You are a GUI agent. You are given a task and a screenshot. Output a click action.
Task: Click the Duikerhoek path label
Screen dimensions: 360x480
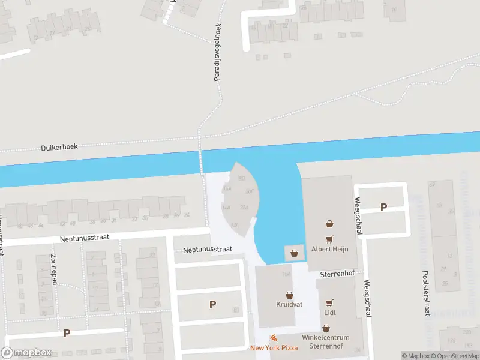pyautogui.click(x=59, y=146)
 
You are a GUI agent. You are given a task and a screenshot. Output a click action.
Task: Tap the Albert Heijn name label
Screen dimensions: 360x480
pyautogui.click(x=329, y=249)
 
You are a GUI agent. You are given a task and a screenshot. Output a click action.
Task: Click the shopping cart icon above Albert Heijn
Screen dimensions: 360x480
pyautogui.click(x=329, y=224)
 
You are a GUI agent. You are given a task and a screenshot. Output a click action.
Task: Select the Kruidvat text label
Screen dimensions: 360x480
pyautogui.click(x=289, y=305)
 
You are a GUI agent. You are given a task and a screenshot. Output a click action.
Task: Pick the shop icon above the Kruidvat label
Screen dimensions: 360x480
pyautogui.click(x=289, y=295)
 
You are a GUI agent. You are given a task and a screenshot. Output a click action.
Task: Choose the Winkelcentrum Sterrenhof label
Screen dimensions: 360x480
pyautogui.click(x=326, y=342)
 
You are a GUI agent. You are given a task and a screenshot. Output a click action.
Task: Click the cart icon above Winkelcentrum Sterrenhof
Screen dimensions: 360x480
pyautogui.click(x=326, y=328)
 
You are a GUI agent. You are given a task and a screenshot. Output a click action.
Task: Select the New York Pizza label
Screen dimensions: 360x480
pyautogui.click(x=274, y=348)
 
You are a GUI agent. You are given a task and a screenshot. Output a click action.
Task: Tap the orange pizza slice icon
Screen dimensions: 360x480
pyautogui.click(x=274, y=338)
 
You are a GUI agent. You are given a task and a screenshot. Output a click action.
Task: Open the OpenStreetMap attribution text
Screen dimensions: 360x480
pyautogui.click(x=454, y=356)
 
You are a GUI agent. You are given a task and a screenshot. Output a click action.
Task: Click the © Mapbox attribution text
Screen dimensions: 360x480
pyautogui.click(x=415, y=356)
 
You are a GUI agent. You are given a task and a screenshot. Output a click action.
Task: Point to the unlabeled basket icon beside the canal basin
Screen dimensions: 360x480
pyautogui.click(x=294, y=253)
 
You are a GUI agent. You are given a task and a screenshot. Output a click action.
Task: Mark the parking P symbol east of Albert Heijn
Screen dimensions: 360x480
pyautogui.click(x=383, y=208)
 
